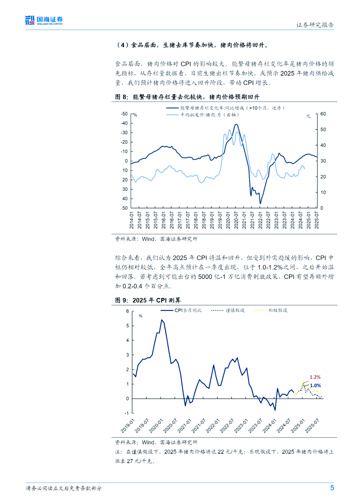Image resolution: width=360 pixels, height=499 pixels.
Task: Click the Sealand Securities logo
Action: (44, 20)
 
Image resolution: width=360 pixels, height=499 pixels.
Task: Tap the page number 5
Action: (332, 488)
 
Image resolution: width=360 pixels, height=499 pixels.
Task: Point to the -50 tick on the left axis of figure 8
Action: (124, 114)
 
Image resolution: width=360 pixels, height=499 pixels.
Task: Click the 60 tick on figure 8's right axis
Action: (323, 114)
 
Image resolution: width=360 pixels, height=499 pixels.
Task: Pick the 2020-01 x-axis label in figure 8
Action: (228, 220)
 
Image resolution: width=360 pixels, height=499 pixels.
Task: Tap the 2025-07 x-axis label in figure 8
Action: (317, 220)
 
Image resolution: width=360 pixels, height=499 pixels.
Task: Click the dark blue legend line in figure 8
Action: (172, 108)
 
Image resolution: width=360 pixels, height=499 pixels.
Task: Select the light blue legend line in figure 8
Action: (172, 115)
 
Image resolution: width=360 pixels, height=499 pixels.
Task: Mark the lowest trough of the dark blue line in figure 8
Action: (260, 203)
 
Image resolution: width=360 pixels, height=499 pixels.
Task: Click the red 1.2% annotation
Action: (315, 377)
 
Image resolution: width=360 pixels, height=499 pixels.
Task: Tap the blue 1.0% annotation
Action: (315, 385)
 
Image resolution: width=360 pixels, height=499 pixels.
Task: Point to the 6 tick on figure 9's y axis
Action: (127, 311)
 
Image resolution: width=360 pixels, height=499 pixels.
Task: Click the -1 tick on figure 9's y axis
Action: (127, 413)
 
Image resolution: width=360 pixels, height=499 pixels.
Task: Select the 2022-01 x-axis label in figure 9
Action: (212, 426)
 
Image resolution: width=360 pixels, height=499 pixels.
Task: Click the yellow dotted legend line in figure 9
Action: (260, 310)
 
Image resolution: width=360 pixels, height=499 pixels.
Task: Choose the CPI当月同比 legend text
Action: (188, 310)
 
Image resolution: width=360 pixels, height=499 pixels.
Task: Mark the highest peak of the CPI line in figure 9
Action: (162, 320)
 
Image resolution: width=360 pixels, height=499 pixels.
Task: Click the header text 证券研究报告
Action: (315, 25)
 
